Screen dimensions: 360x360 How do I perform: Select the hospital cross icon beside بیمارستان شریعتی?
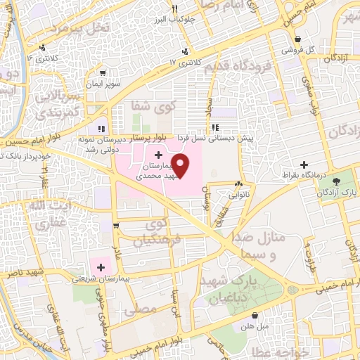point(101,267)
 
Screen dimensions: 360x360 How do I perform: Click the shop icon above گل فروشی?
point(300,39)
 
